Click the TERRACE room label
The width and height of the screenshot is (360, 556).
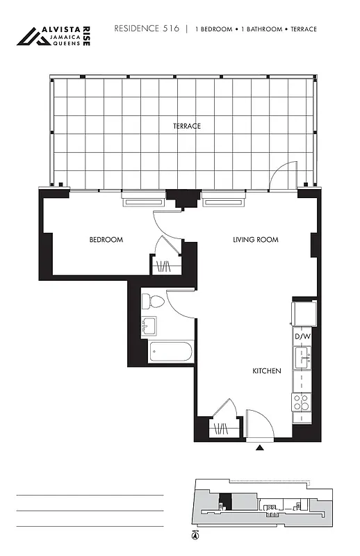coord(187,126)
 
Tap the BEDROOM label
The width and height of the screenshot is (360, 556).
coord(106,240)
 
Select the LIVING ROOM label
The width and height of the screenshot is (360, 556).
coord(255,240)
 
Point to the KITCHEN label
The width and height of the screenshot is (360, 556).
coord(266,371)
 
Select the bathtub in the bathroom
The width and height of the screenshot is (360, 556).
coord(171,351)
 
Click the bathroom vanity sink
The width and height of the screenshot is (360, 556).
coord(149,325)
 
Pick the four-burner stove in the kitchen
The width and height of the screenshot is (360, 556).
coord(302,402)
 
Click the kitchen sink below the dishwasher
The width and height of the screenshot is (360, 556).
coord(302,357)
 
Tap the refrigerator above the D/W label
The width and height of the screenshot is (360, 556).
coord(304,313)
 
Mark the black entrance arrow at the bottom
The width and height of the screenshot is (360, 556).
coord(260,448)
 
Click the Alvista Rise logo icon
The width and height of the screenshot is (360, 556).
coord(31,36)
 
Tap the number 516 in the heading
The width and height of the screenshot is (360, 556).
coord(170,28)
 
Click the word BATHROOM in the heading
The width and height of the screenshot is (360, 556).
coord(263,29)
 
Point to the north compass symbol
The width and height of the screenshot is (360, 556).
coord(195,535)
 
